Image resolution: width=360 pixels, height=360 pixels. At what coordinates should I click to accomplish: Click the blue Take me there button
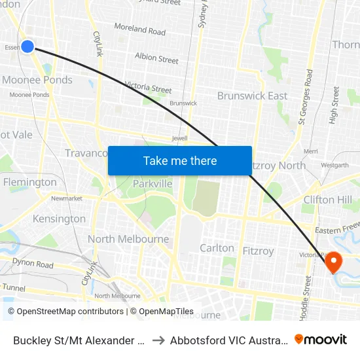pos(180,160)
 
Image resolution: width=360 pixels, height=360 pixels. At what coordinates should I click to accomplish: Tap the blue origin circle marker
pos(27,46)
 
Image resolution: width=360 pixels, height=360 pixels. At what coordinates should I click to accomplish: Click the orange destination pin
pos(334,262)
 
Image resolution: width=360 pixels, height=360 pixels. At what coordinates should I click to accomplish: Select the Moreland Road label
pos(139,30)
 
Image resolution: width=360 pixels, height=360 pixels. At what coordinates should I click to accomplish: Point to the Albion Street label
pos(156,58)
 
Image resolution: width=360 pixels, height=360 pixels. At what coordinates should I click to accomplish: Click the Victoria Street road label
pos(148,87)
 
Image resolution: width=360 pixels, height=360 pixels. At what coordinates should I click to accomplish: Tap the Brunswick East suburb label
pos(252,96)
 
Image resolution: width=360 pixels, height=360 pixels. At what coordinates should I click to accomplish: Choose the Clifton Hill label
pos(327,200)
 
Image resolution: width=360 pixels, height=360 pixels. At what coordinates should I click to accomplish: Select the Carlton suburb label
pos(217,248)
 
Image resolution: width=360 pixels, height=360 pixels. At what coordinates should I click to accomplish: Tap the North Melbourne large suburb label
pos(128,239)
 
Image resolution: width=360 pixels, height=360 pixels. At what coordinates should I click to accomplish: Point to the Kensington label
pos(59,219)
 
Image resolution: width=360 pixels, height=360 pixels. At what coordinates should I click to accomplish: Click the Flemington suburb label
pos(30,182)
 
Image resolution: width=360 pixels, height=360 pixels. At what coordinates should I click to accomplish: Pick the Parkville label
pos(153,184)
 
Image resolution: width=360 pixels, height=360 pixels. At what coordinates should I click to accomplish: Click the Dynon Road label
pos(31,265)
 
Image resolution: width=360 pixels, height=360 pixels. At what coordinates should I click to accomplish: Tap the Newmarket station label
pos(66,198)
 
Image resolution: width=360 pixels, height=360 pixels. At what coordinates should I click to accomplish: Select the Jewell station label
pos(179,139)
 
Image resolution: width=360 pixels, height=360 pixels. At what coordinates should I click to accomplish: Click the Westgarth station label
pos(335,165)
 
